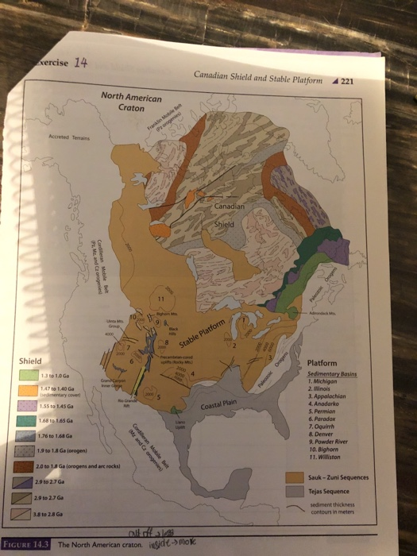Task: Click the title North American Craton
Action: [x=131, y=102]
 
